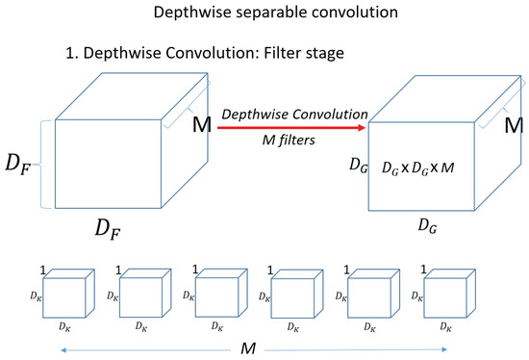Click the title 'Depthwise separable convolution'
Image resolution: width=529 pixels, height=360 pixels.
click(x=264, y=14)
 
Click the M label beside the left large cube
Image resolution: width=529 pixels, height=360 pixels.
click(x=203, y=126)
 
